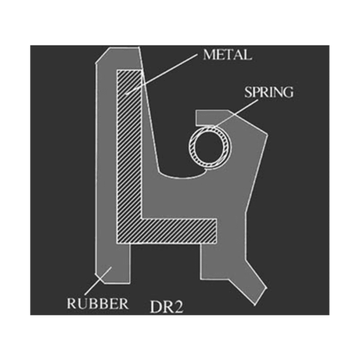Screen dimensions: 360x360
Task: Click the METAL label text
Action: coord(228,55)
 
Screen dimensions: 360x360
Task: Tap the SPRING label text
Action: coord(269,92)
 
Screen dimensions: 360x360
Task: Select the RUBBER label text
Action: coord(98,304)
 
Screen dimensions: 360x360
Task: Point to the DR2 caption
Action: coord(166,307)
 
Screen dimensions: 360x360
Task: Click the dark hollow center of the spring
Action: coord(210,147)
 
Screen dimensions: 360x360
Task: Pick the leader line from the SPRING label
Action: coord(236,113)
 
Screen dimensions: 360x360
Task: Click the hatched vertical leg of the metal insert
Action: coord(129,144)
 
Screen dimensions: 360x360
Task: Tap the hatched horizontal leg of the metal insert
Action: coord(179,231)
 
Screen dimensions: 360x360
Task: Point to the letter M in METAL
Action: coord(209,55)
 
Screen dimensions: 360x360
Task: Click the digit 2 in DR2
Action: coord(178,307)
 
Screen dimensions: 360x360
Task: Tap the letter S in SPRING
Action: coord(248,92)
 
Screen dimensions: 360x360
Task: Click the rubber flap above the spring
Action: coord(211,117)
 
